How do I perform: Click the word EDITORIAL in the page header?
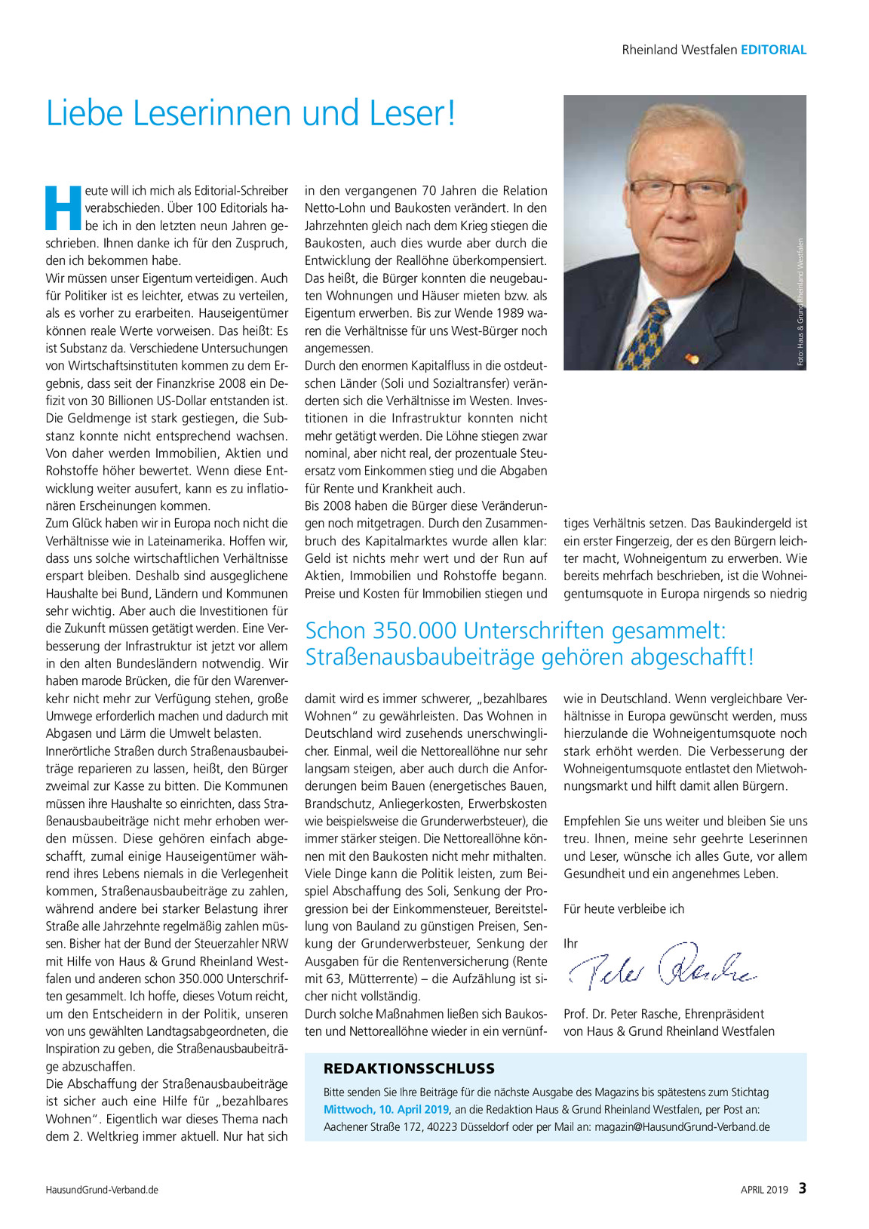pos(773,50)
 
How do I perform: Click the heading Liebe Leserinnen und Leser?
pos(250,113)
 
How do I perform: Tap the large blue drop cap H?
pos(63,207)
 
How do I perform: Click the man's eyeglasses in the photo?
pos(683,189)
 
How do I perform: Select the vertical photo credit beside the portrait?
pos(800,303)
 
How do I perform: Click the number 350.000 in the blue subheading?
pos(412,631)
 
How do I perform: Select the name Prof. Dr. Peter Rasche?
pos(622,1014)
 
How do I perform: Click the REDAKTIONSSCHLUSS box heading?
pos(409,1068)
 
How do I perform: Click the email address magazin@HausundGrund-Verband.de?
pos(682,1127)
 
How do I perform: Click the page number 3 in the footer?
pos(803,1188)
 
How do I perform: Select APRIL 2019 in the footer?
pos(764,1190)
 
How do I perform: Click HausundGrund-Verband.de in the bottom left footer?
pos(102,1190)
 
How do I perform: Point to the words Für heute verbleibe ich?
pos(624,909)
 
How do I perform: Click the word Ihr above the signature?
pos(570,944)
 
